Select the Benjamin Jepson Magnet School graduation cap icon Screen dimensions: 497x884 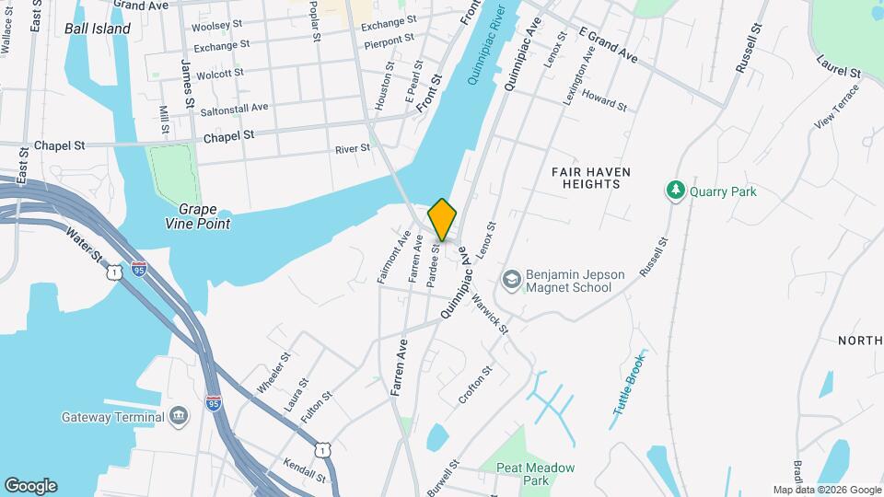(x=511, y=278)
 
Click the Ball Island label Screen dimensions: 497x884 (x=98, y=29)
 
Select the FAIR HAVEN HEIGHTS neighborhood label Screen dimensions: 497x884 (x=586, y=178)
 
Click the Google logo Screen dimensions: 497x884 (x=30, y=485)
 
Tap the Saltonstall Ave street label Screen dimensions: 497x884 (x=235, y=110)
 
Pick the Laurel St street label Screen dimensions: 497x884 (x=838, y=65)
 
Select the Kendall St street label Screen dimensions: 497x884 (x=305, y=470)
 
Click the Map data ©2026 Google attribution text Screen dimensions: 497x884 (x=825, y=490)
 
